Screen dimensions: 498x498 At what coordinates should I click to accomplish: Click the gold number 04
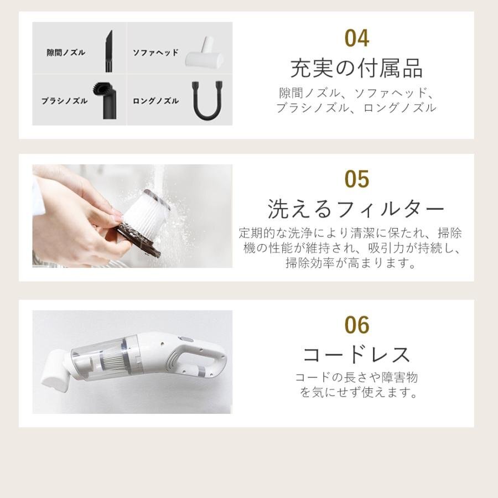pyautogui.click(x=356, y=39)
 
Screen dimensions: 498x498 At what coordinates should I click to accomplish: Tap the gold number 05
pyautogui.click(x=356, y=179)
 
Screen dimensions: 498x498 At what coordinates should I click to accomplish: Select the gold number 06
pyautogui.click(x=356, y=325)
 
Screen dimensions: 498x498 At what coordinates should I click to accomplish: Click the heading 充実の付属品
pyautogui.click(x=356, y=69)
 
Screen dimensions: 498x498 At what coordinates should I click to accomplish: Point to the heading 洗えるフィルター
pyautogui.click(x=356, y=209)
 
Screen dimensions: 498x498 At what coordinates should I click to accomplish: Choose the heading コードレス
pyautogui.click(x=356, y=355)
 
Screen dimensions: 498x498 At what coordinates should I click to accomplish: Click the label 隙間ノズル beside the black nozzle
pyautogui.click(x=66, y=53)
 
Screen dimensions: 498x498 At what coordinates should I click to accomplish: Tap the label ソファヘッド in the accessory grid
pyautogui.click(x=155, y=53)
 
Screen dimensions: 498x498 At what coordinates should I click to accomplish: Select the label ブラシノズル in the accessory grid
pyautogui.click(x=64, y=101)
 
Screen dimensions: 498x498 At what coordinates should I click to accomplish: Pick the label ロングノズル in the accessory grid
pyautogui.click(x=155, y=101)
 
